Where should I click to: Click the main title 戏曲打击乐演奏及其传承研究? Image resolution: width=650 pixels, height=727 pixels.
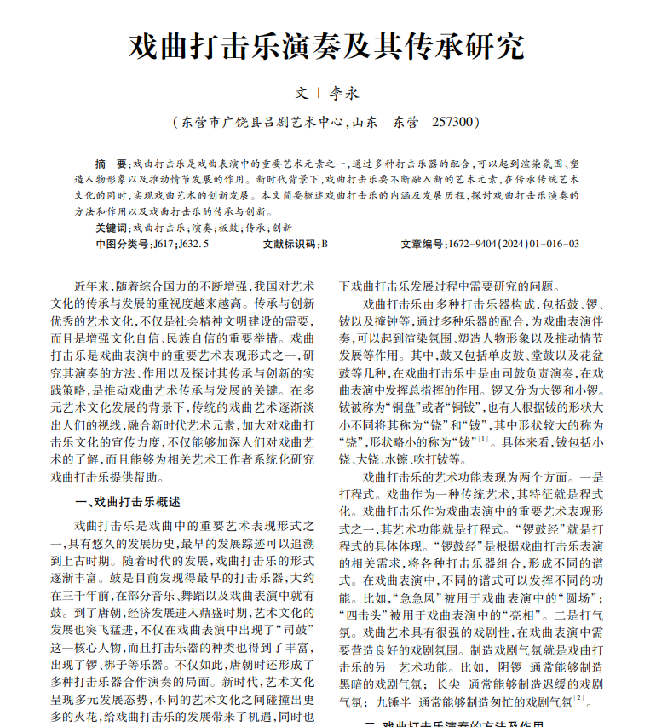click(325, 45)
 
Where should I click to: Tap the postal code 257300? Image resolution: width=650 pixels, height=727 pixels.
click(451, 122)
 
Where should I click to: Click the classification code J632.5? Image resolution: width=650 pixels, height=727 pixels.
click(194, 244)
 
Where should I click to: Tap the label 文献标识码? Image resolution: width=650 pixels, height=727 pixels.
click(290, 244)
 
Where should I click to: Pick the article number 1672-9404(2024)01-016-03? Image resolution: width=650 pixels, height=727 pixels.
click(514, 244)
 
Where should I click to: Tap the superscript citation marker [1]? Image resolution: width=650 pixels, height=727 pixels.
click(483, 438)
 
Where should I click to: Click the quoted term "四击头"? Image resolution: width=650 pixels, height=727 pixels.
click(365, 616)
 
